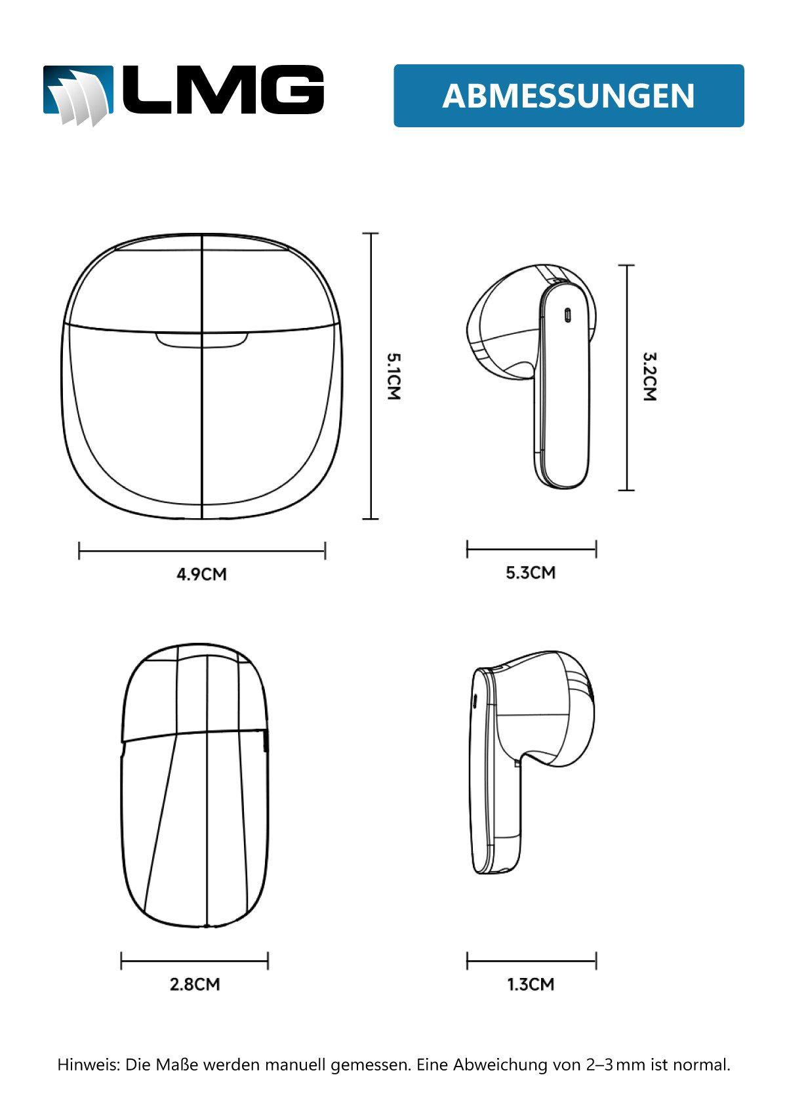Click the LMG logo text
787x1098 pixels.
(222, 91)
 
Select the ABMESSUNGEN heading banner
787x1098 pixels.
(569, 96)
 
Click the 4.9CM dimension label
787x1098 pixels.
(201, 574)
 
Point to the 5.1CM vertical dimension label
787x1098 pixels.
(394, 376)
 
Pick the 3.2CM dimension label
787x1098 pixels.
(650, 376)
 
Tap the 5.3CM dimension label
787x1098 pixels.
(531, 573)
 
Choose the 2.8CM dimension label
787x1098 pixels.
(195, 985)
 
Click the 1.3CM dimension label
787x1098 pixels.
(531, 985)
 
